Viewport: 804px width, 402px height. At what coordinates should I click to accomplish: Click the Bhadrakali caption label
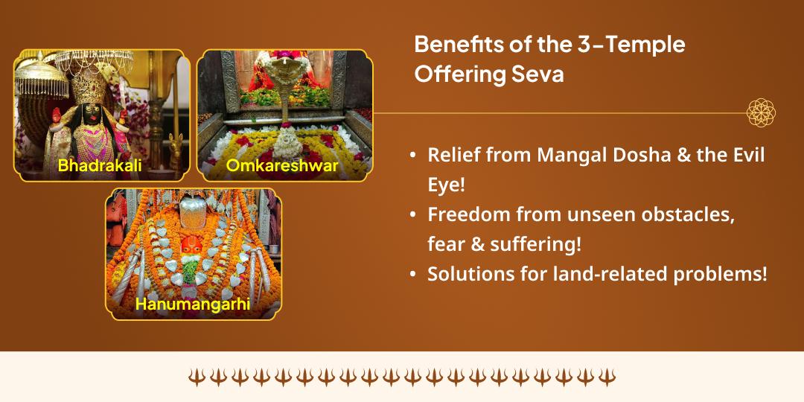[100, 165]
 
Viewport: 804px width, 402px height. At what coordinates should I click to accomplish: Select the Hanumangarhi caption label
[194, 304]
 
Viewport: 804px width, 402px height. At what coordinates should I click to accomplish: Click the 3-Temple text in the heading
[629, 45]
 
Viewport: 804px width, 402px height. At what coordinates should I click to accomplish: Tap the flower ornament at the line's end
[761, 113]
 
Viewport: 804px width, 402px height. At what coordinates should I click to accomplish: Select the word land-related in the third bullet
[587, 274]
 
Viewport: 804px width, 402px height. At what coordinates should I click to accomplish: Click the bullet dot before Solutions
[413, 275]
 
